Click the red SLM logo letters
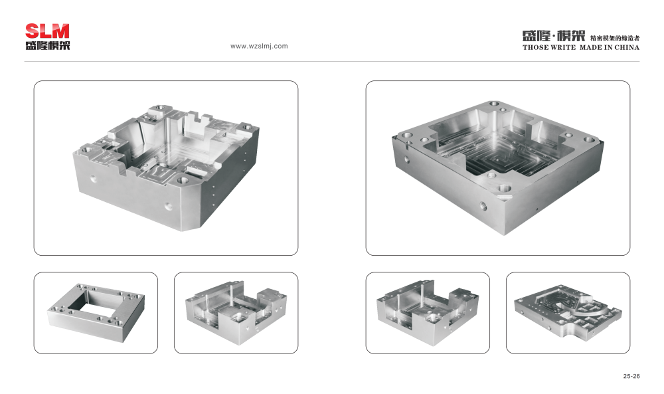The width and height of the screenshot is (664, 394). (47, 31)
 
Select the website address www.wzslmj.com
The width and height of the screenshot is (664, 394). (259, 47)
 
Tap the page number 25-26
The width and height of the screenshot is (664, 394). (631, 376)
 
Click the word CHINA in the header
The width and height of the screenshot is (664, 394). (627, 47)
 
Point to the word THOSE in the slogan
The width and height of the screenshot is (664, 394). (535, 47)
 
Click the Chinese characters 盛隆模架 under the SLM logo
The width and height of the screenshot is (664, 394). (47, 45)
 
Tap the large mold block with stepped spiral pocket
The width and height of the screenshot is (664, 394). (497, 167)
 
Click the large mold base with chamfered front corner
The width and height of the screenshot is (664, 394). (166, 167)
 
